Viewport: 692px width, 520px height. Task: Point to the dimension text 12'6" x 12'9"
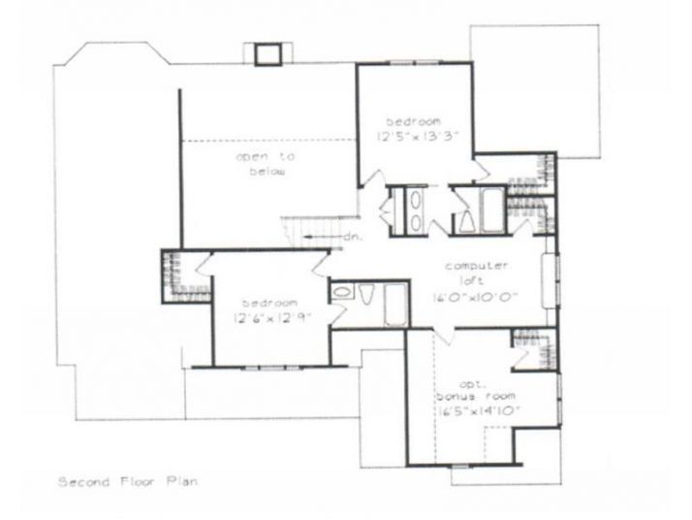[x=270, y=317]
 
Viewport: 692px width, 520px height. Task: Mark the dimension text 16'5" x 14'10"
[x=474, y=411]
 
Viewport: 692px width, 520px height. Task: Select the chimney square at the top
[x=267, y=53]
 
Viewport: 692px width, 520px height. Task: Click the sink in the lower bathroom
[x=341, y=293]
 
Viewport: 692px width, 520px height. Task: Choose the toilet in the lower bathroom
[x=368, y=294]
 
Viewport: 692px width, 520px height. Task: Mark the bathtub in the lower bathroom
[x=396, y=305]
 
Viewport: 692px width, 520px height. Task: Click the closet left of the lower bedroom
[x=176, y=276]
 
